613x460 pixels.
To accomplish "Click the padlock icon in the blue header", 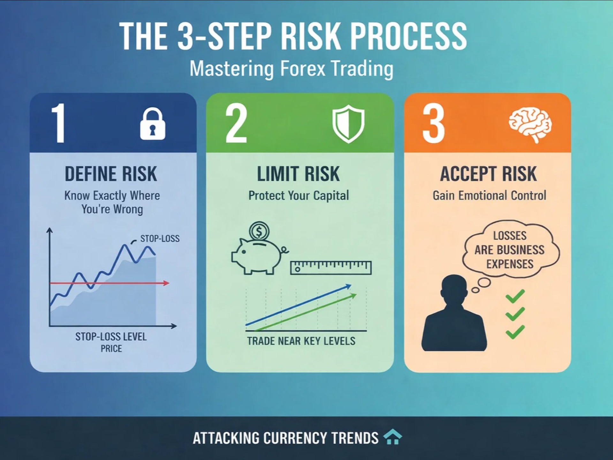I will pos(153,124).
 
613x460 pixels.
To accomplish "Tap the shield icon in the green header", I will pos(348,124).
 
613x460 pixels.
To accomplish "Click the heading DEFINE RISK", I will pos(111,174).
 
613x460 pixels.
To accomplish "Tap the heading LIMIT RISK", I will pos(298,174).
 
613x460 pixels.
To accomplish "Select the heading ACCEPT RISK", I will pos(488,174).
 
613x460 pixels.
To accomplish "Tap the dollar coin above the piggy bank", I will pos(259,231).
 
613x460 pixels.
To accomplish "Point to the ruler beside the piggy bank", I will pos(331,268).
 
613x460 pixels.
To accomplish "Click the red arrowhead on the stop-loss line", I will pos(166,283).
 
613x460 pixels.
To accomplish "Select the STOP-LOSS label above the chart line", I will pos(160,238).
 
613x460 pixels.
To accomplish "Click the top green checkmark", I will pos(515,296).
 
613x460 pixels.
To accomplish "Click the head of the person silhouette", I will pos(454,290).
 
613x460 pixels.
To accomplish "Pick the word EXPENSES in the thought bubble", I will pos(510,264).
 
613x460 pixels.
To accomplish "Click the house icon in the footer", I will pos(393,437).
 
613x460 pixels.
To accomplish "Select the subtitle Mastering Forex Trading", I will pos(291,69).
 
